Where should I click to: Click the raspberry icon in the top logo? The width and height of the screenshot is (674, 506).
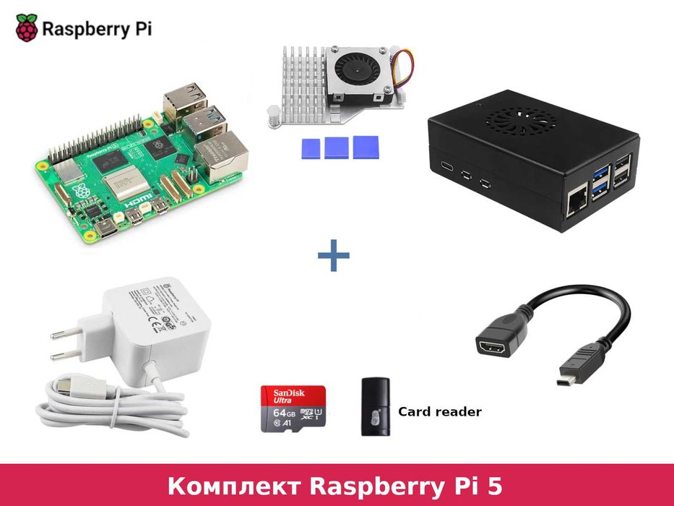tap(27, 27)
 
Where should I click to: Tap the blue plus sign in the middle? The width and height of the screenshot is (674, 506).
tap(333, 256)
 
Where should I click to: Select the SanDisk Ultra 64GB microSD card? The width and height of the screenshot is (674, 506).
tap(293, 409)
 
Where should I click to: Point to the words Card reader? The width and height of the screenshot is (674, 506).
tap(439, 411)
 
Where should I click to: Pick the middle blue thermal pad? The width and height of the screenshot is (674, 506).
tap(336, 147)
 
